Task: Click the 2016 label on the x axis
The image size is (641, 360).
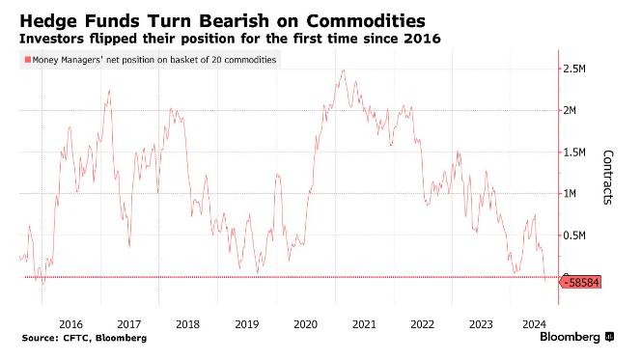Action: pyautogui.click(x=70, y=324)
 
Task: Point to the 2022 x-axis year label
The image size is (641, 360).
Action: pyautogui.click(x=422, y=324)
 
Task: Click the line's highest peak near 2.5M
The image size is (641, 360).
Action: pyautogui.click(x=342, y=70)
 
